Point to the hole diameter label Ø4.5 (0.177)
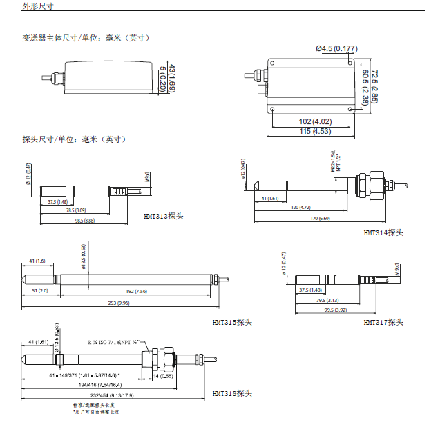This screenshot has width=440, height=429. (336, 48)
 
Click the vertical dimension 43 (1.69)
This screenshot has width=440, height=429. (171, 78)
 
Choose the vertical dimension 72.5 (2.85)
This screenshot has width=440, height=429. (374, 86)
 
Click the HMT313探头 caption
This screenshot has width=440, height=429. (164, 216)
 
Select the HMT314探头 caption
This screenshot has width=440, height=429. (383, 233)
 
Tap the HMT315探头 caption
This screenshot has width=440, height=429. (233, 322)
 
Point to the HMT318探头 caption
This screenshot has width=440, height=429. (233, 393)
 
